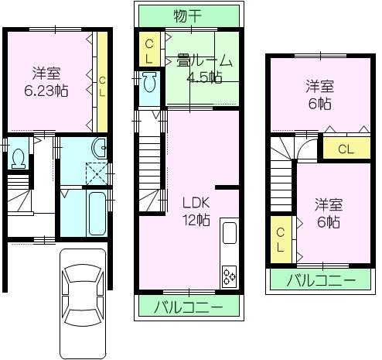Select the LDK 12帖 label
pyautogui.click(x=196, y=211)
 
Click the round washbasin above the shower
pyautogui.click(x=97, y=149)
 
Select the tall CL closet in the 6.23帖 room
pyautogui.click(x=101, y=82)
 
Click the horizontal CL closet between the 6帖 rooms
pyautogui.click(x=346, y=149)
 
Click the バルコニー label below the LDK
pyautogui.click(x=190, y=307)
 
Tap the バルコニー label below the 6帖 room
pyautogui.click(x=322, y=279)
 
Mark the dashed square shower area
pyautogui.click(x=97, y=175)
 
